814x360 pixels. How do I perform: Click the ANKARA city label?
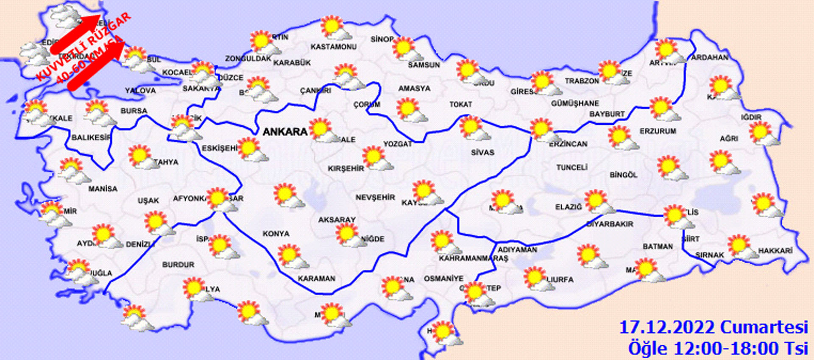285,132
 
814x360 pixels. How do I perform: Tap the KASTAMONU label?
333,47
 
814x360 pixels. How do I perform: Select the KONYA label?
276,234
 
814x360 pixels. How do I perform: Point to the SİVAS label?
482,152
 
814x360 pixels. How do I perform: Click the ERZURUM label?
658,131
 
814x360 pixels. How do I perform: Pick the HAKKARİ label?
775,251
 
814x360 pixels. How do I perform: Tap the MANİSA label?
103,189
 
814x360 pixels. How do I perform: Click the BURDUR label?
178,265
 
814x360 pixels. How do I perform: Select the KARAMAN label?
316,279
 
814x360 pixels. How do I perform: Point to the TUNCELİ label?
571,167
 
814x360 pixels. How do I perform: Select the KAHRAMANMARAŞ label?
473,258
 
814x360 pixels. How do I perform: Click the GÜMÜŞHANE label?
575,103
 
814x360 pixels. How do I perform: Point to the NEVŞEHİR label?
375,198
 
